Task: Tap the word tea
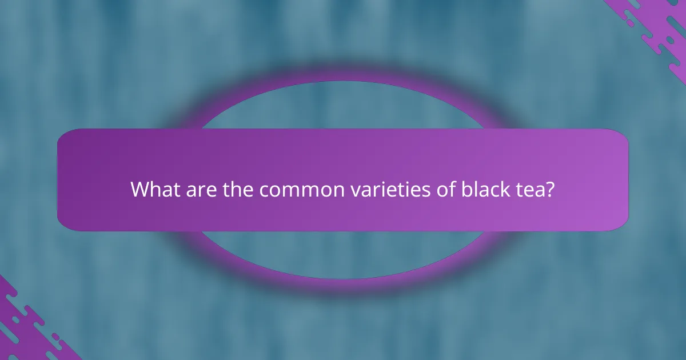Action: [x=531, y=190]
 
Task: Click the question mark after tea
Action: [x=551, y=190]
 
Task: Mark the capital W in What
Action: [x=139, y=190]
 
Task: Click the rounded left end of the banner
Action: [x=64, y=180]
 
